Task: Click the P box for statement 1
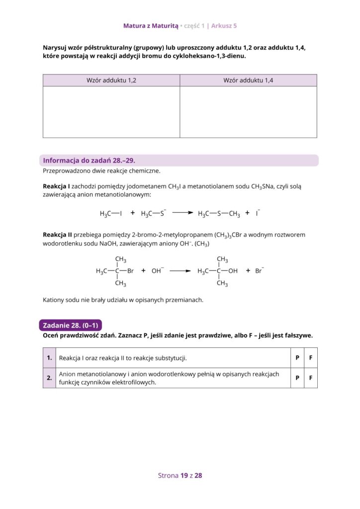(x=297, y=358)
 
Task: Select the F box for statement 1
(x=311, y=358)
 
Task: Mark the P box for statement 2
(x=297, y=378)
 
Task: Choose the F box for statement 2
(x=311, y=378)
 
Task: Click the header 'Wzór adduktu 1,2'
(x=111, y=81)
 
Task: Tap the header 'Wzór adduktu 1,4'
(x=248, y=81)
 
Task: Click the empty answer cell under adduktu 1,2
(x=111, y=112)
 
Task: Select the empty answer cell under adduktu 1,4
(x=248, y=112)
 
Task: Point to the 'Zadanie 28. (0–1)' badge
(x=70, y=326)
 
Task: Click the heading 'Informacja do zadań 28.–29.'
(x=89, y=161)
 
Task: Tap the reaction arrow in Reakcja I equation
(x=182, y=213)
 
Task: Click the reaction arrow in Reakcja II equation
(x=180, y=271)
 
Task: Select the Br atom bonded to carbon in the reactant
(x=131, y=271)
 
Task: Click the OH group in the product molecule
(x=233, y=271)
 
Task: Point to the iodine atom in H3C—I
(x=120, y=214)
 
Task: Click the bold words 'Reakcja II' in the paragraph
(x=57, y=235)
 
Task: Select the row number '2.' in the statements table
(x=49, y=378)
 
